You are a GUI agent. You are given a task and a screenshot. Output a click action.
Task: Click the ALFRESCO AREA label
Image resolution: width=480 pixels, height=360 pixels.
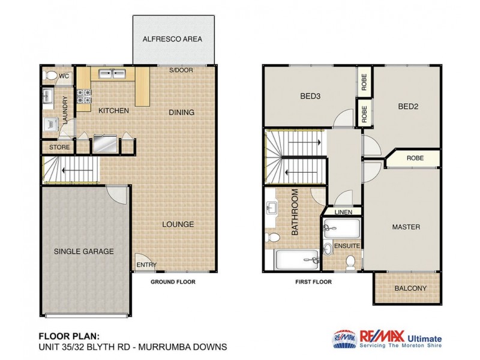172,39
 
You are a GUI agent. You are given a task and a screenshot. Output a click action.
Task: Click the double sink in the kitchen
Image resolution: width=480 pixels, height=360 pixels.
112,74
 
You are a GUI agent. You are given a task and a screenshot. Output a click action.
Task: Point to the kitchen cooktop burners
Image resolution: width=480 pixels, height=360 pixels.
85,95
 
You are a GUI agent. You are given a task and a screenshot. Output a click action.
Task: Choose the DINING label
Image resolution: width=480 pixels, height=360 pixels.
181,112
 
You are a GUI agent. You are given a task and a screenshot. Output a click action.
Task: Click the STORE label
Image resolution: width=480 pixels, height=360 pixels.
59,147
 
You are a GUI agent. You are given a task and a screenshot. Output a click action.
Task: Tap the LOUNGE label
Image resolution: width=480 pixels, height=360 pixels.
178,224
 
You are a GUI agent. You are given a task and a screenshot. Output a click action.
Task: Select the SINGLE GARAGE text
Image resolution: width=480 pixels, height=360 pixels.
84,251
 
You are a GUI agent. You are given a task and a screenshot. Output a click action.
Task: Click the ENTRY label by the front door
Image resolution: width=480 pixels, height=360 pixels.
146,265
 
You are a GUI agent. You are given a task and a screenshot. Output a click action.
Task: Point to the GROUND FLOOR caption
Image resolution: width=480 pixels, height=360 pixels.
172,281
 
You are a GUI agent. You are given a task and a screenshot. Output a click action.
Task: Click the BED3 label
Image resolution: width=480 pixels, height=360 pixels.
309,95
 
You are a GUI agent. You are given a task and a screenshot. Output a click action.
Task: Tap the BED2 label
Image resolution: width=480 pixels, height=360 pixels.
407,107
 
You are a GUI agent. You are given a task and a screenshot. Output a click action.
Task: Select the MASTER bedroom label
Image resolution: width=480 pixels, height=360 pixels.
406,227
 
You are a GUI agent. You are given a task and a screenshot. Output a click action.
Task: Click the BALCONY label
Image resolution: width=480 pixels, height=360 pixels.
410,289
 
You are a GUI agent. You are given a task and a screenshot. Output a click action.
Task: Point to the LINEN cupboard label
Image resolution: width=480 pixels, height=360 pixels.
343,212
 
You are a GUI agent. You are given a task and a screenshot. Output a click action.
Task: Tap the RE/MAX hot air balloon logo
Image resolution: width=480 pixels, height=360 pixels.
344,339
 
